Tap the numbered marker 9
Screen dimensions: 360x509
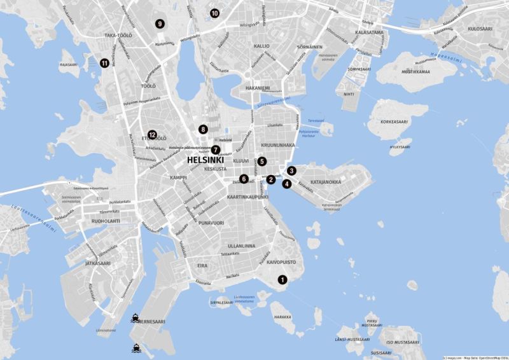click(x=160, y=24)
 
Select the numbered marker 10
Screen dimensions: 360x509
click(x=214, y=13)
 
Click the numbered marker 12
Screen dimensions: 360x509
click(x=152, y=135)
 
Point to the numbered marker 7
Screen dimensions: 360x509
click(x=216, y=149)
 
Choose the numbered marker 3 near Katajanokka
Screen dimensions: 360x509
click(x=291, y=170)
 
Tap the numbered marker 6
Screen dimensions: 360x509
click(x=244, y=179)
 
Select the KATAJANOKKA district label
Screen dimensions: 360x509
click(x=326, y=183)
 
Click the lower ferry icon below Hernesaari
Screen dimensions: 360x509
click(x=136, y=347)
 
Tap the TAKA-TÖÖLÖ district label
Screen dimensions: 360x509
click(x=118, y=36)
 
